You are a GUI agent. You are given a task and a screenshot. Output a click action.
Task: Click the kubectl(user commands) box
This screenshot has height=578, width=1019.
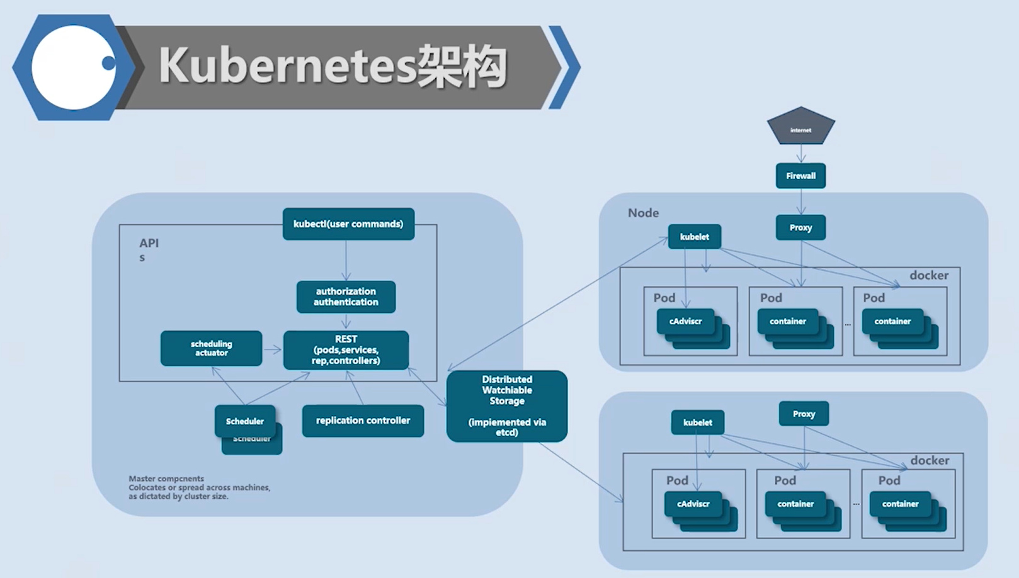coord(348,224)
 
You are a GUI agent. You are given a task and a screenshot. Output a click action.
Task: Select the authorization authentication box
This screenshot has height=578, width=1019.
coord(346,297)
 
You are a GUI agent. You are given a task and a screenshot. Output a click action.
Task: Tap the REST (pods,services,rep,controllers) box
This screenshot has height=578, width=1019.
coord(346,350)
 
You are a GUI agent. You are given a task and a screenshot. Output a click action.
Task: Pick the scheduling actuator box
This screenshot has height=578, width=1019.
coord(211,348)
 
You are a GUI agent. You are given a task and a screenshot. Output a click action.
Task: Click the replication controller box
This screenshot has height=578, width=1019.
coord(363,421)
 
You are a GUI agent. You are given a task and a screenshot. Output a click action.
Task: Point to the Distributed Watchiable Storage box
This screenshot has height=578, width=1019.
coord(507,405)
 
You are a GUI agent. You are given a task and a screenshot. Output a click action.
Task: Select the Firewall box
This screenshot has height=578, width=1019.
coord(800,176)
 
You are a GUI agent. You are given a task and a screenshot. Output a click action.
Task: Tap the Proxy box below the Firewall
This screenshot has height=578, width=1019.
coord(800,227)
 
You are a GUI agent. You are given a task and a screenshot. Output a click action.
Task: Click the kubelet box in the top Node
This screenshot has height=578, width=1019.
coord(694,237)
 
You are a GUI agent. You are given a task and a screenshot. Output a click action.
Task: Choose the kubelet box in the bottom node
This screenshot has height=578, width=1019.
coord(697,422)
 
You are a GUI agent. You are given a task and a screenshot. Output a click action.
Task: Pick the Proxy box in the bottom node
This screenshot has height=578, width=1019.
coord(804,414)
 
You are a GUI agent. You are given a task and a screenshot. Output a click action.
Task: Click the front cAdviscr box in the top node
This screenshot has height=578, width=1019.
coord(685,321)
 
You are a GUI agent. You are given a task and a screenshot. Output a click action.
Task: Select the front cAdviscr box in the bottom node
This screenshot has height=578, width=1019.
coord(693,504)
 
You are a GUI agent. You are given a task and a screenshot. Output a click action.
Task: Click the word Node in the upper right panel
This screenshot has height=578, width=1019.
coord(643,213)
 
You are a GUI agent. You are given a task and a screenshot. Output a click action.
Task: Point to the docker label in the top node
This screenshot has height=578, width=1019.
coord(928,275)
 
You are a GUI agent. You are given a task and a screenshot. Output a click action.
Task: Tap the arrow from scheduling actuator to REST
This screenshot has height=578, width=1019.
coord(272,349)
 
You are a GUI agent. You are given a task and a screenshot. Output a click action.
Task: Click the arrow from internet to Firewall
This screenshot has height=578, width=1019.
coord(800,154)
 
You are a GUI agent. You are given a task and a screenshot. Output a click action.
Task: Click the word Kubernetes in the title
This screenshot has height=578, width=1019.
coord(287,66)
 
